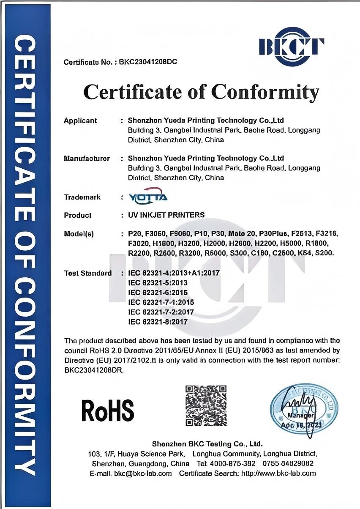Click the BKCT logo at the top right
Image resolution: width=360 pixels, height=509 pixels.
pyautogui.click(x=292, y=46)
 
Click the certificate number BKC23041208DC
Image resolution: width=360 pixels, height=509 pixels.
pyautogui.click(x=148, y=62)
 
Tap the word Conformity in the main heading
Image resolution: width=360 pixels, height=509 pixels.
pyautogui.click(x=265, y=92)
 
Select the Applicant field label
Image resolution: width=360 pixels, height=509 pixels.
pyautogui.click(x=80, y=120)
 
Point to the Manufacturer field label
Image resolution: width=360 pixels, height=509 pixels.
pyautogui.click(x=87, y=159)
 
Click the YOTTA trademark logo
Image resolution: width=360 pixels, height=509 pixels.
pyautogui.click(x=148, y=197)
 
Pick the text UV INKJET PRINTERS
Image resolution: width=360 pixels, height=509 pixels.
pyautogui.click(x=166, y=215)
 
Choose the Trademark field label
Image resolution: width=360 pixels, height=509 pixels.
pyautogui.click(x=82, y=197)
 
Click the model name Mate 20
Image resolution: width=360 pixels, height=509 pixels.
pyautogui.click(x=242, y=234)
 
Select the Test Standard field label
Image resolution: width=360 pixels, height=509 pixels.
pyautogui.click(x=88, y=273)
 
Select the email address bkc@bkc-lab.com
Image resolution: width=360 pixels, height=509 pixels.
pyautogui.click(x=143, y=473)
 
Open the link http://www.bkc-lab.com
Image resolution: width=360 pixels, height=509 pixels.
pyautogui.click(x=278, y=473)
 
